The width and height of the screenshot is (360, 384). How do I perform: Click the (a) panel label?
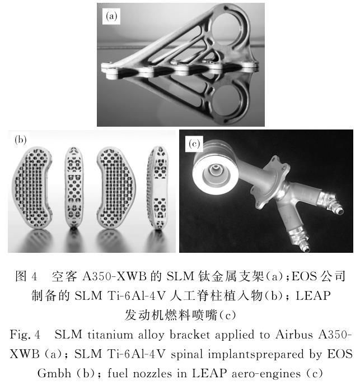coord(111,16)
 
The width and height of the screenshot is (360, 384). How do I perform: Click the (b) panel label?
coord(20,140)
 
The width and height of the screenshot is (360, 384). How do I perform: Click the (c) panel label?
coord(194,144)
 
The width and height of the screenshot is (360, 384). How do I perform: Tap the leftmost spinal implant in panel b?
coord(32,187)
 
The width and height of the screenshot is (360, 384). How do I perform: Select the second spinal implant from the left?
coord(74,188)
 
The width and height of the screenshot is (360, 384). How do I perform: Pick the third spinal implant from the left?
coord(115,188)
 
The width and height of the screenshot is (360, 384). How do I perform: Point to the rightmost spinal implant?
coord(157,188)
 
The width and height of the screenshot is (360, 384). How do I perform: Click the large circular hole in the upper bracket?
coord(226,27)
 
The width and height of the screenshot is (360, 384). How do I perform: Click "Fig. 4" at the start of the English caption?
coord(25,335)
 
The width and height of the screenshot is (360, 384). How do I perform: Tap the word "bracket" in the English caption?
coord(190,335)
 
